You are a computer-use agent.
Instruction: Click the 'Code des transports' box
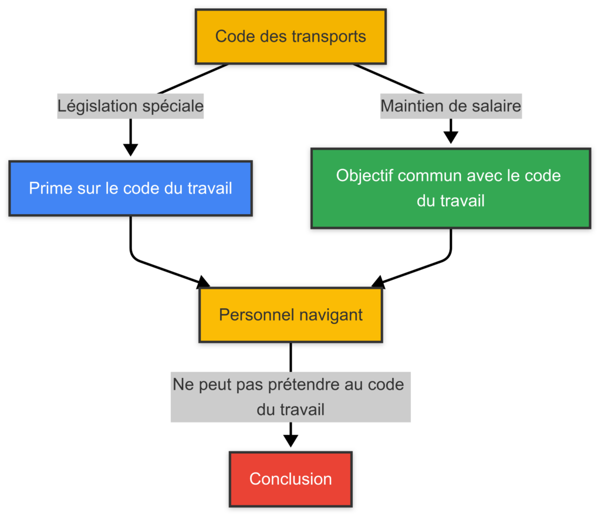coord(291,36)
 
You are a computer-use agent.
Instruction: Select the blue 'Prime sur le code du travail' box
coord(130,188)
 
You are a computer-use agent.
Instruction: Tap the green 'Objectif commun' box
coord(450,188)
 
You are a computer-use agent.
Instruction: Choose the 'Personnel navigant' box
coord(291,315)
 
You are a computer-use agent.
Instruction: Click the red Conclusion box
coord(291,479)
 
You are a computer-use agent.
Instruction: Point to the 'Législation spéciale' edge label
coord(130,106)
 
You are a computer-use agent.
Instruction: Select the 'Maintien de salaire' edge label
coord(451,106)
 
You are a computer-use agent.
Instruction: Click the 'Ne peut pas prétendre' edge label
coord(291,397)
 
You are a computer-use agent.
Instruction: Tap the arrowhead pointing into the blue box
coord(130,150)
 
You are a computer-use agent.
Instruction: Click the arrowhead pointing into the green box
coord(451,137)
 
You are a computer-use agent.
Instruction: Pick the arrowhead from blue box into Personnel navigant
coord(202,282)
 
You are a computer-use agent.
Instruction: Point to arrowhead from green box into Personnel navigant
coord(379,282)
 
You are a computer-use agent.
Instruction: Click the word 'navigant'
coord(331,315)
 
